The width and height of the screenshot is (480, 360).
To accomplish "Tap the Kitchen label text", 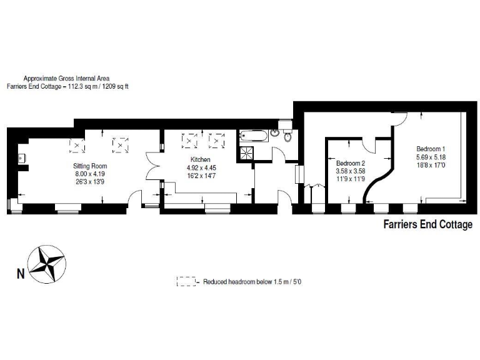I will click(x=201, y=160).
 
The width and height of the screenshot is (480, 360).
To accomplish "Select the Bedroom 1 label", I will click(x=430, y=149).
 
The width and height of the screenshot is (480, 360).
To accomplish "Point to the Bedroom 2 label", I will click(x=351, y=162).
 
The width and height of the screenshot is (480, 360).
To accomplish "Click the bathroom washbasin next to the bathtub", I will click(x=274, y=133).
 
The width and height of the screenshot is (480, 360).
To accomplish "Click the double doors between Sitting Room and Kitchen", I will click(x=153, y=167).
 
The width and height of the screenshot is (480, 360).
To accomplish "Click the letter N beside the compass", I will click(x=21, y=273).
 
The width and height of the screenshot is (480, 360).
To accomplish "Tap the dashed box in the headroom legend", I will click(x=186, y=282).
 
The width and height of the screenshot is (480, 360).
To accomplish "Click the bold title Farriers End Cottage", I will click(x=427, y=225).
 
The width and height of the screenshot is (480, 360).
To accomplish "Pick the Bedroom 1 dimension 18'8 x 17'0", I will click(x=430, y=166).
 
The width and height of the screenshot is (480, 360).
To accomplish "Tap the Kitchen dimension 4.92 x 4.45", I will click(x=201, y=168).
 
